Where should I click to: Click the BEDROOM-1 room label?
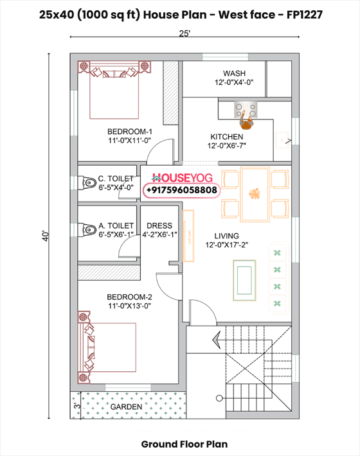pyautogui.click(x=129, y=132)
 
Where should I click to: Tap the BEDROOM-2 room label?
pyautogui.click(x=129, y=297)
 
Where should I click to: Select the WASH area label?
pyautogui.click(x=233, y=73)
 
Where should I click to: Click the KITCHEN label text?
pyautogui.click(x=227, y=137)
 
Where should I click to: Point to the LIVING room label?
pyautogui.click(x=227, y=236)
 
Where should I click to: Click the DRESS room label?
pyautogui.click(x=159, y=225)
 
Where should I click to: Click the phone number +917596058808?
pyautogui.click(x=183, y=191)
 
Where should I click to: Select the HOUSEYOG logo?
pyautogui.click(x=183, y=178)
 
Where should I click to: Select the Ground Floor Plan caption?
pyautogui.click(x=184, y=444)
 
